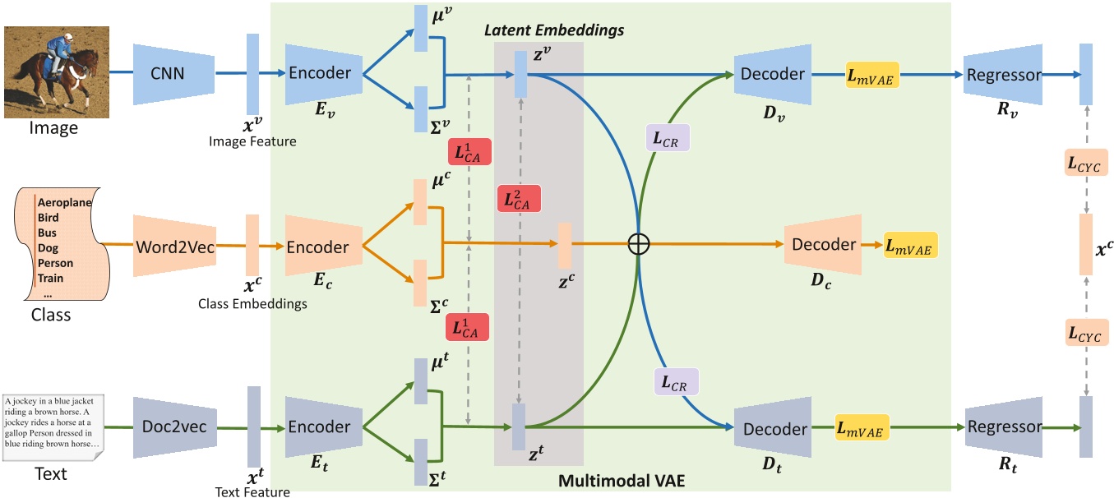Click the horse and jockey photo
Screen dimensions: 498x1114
51,72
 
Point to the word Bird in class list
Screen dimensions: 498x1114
49,218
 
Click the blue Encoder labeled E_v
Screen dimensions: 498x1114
320,74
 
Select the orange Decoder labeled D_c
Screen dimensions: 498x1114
823,245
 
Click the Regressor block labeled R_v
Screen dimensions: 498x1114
1004,75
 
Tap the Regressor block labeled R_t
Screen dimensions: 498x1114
1005,427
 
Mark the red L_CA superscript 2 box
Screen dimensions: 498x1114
518,201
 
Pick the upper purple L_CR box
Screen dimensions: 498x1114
667,138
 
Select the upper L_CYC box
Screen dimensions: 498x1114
1085,163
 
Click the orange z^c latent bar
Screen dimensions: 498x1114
564,246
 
